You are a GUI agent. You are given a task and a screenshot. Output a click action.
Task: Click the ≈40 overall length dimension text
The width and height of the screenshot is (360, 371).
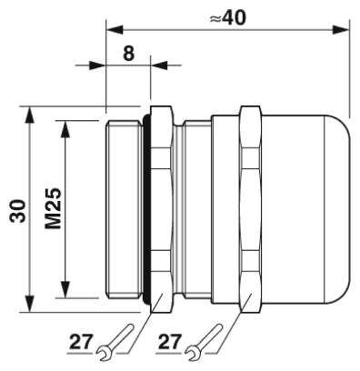[228, 18]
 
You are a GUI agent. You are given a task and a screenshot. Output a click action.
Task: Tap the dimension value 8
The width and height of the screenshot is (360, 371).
[128, 54]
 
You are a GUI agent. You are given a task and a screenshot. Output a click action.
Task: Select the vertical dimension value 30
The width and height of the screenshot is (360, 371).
[17, 211]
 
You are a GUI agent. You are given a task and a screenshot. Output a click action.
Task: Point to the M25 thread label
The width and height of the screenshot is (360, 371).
[54, 208]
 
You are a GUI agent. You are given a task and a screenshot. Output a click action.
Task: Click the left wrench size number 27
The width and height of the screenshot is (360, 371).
[81, 342]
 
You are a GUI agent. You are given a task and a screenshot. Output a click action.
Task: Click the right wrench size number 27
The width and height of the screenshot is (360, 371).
[170, 342]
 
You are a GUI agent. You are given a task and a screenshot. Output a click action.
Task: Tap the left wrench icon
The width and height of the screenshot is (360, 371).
[115, 343]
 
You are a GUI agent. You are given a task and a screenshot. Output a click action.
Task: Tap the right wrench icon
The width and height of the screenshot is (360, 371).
[204, 343]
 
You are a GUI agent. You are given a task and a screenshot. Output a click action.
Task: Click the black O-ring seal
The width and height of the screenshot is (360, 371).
[146, 209]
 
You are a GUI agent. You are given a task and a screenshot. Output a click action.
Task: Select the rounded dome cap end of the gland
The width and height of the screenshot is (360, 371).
[336, 209]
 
